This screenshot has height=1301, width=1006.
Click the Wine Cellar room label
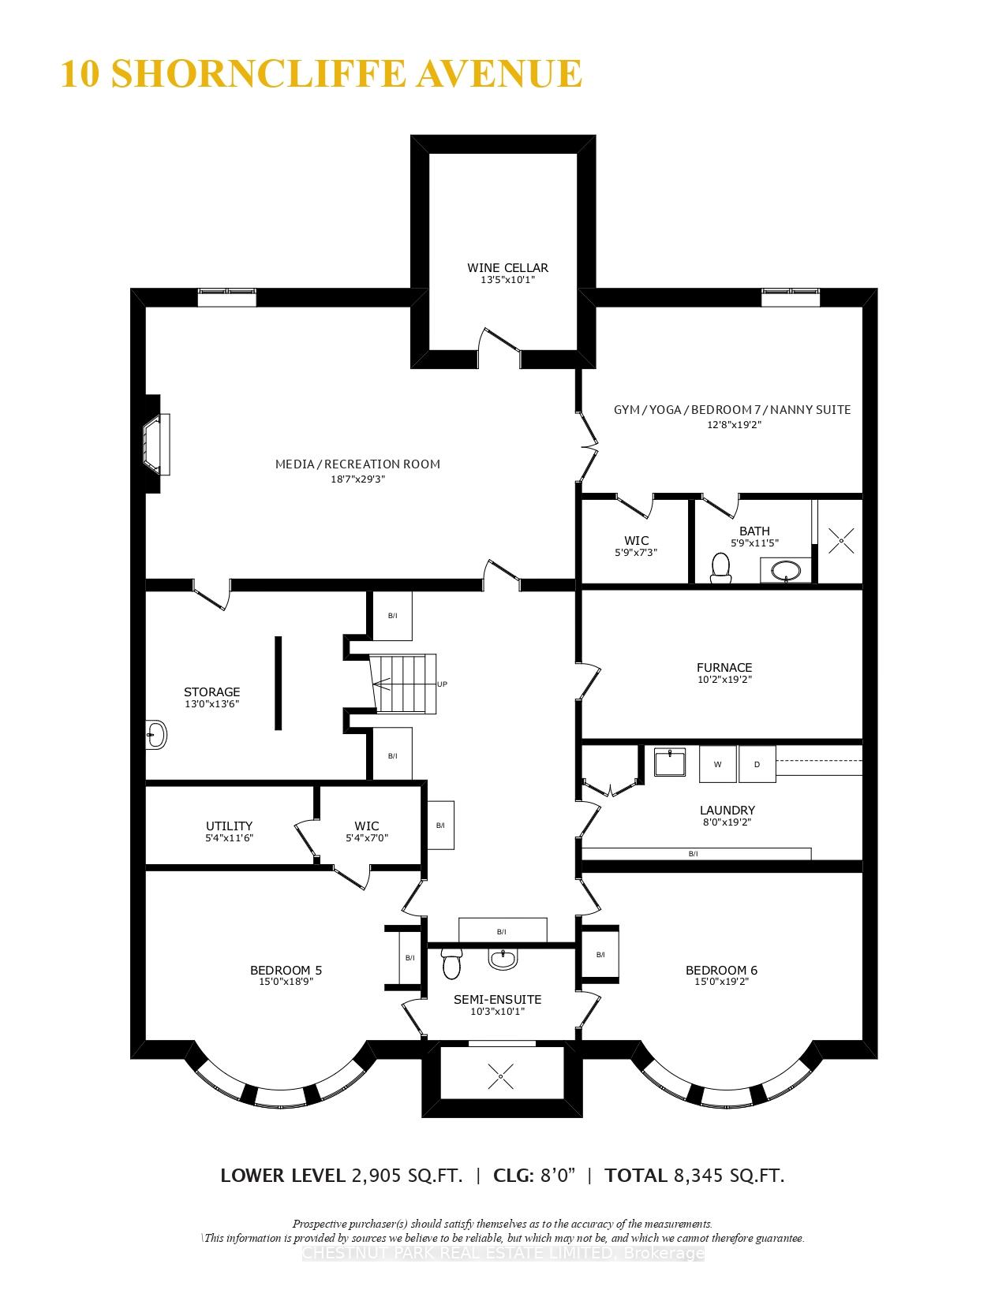tap(507, 267)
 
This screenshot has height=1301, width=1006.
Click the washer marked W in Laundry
tap(717, 764)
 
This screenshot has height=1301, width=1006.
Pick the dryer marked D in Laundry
tap(757, 764)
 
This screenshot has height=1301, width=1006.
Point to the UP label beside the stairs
tap(442, 684)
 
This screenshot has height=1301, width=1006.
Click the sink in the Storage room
tap(156, 735)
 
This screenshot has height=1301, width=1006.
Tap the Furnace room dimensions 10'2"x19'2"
tap(724, 679)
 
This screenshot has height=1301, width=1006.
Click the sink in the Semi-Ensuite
tap(503, 960)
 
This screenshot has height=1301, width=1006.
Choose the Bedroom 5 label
tap(286, 970)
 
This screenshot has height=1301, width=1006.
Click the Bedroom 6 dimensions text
tap(721, 982)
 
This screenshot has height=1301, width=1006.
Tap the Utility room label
tap(229, 826)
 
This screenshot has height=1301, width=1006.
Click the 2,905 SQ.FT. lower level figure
tap(406, 1176)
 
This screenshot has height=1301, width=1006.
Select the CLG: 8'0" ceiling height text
tap(534, 1176)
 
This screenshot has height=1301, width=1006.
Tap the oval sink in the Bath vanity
tap(785, 570)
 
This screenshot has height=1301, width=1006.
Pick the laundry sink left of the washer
tap(670, 762)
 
